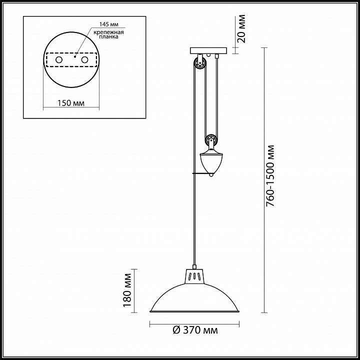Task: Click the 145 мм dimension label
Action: pyautogui.click(x=109, y=24)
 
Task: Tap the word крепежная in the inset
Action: pyautogui.click(x=108, y=32)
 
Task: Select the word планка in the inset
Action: pyautogui.click(x=109, y=36)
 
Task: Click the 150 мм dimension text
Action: pyautogui.click(x=71, y=103)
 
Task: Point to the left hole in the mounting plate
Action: pyautogui.click(x=59, y=59)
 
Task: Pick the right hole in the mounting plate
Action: pyautogui.click(x=84, y=59)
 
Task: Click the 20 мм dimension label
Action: pyautogui.click(x=241, y=28)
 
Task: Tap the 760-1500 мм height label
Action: pyautogui.click(x=270, y=175)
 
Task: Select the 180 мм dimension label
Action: pyautogui.click(x=127, y=290)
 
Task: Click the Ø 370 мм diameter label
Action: pyautogui.click(x=195, y=330)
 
